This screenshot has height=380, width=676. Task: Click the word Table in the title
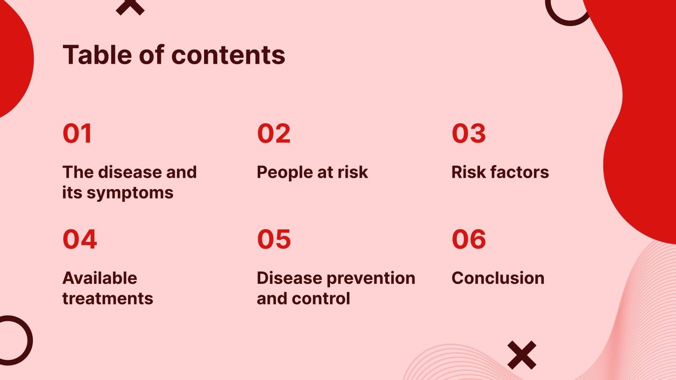[97, 54]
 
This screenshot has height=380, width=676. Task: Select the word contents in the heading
[228, 55]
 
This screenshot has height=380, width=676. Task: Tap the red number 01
[77, 133]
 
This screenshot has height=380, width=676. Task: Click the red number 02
[274, 133]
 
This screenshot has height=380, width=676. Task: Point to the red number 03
[469, 133]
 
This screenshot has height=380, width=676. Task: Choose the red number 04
[80, 239]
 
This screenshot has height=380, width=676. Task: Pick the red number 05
[274, 239]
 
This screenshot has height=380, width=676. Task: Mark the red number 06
[469, 239]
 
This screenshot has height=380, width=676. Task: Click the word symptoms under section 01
[130, 193]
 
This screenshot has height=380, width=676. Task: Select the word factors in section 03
[520, 172]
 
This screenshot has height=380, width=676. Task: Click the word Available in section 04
[100, 278]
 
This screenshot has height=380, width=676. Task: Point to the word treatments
[108, 299]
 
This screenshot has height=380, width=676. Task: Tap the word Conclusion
[498, 278]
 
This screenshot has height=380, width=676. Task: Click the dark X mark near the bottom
[522, 355]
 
